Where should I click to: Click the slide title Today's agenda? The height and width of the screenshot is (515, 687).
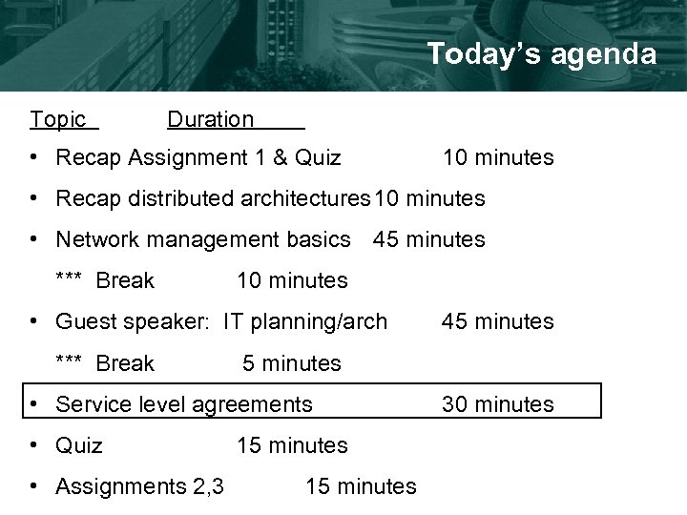[x=541, y=54]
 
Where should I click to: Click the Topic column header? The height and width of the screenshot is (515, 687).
[x=58, y=119]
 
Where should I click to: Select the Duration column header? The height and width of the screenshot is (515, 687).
[x=211, y=119]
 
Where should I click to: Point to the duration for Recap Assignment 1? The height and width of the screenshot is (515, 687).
[x=496, y=157]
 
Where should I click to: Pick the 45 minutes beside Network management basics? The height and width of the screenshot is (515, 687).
[x=429, y=239]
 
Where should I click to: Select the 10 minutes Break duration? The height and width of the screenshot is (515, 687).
[x=292, y=280]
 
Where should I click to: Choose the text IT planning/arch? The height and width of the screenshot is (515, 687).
[x=305, y=321]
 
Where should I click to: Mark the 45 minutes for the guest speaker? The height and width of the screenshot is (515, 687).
[x=496, y=321]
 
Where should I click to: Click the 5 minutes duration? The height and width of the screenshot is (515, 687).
[x=291, y=363]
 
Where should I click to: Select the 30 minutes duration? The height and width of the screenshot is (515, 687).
[x=496, y=404]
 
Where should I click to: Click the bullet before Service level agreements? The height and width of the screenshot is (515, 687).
[x=33, y=404]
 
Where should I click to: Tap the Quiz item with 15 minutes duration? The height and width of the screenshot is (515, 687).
[x=80, y=445]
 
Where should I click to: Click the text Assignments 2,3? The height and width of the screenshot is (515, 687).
[x=140, y=486]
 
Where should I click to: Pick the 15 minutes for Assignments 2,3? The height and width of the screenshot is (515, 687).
[x=361, y=486]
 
